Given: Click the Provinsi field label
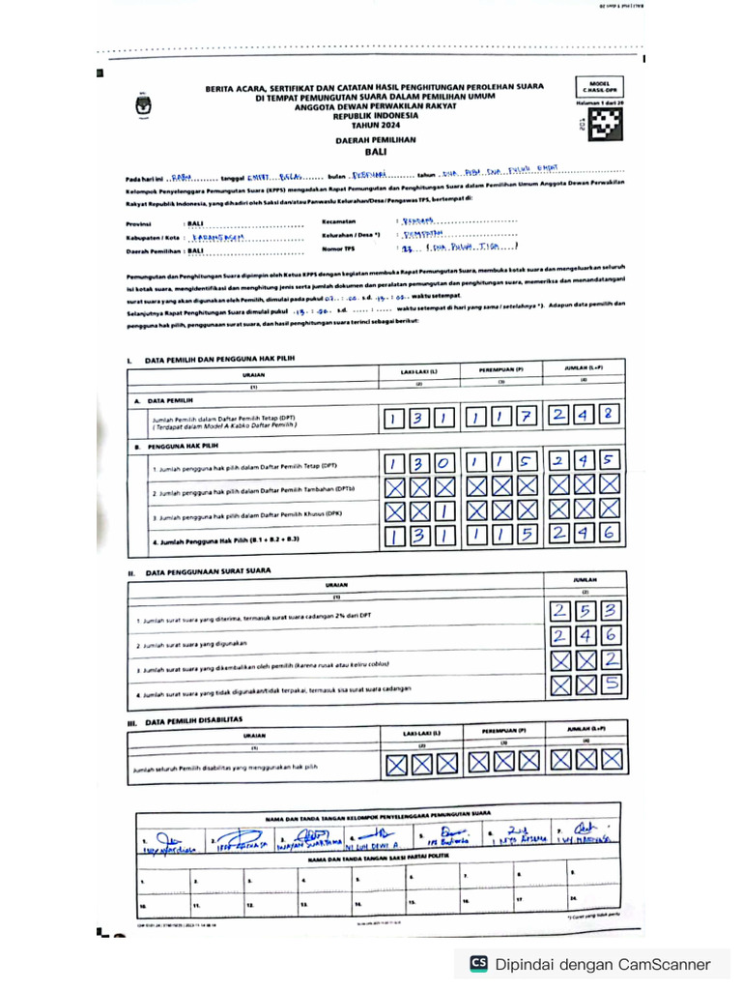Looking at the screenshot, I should coord(141,222).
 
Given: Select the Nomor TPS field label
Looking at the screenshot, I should coord(338,248).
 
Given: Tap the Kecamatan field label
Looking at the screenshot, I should coord(340,221).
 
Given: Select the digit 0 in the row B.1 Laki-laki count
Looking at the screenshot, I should coord(443,463).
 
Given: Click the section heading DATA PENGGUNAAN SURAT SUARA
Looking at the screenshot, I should coord(208,571).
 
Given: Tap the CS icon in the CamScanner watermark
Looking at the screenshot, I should coord(478,964).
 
